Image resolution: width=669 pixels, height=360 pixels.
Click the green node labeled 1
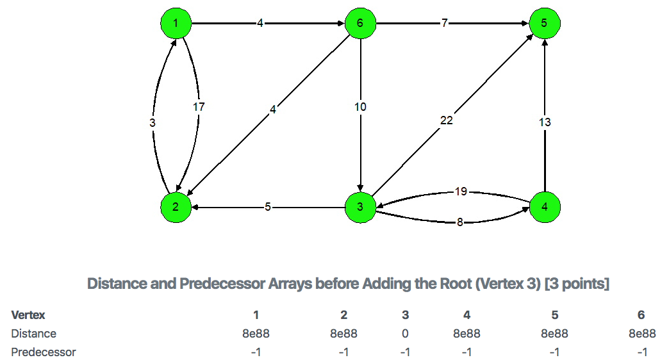click(176, 23)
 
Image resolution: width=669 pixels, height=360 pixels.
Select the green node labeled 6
click(361, 23)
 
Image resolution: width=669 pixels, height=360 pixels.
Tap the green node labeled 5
click(545, 23)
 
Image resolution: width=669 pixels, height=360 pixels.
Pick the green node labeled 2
click(176, 207)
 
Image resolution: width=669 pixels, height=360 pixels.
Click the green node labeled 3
click(361, 207)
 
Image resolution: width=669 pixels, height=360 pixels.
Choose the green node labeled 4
click(545, 207)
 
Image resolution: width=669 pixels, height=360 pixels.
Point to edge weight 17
click(199, 107)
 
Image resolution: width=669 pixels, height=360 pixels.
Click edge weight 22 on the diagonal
click(447, 120)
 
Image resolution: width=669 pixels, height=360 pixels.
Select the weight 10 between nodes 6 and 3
click(360, 107)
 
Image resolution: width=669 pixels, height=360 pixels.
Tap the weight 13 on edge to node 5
click(545, 122)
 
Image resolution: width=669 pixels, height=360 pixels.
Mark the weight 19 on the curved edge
click(460, 191)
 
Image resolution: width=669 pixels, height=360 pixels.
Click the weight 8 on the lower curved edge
click(460, 223)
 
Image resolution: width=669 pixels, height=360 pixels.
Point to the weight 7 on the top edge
click(444, 23)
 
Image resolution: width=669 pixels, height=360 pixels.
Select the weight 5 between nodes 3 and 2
click(268, 207)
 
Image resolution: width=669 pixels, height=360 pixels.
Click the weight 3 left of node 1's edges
click(152, 122)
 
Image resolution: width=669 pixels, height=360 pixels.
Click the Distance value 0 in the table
click(406, 334)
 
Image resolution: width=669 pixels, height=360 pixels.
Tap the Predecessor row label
click(44, 352)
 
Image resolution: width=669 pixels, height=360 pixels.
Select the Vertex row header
click(28, 315)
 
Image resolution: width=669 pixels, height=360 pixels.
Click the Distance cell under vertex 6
click(641, 334)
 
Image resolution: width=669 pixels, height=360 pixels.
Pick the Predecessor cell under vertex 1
click(256, 352)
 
